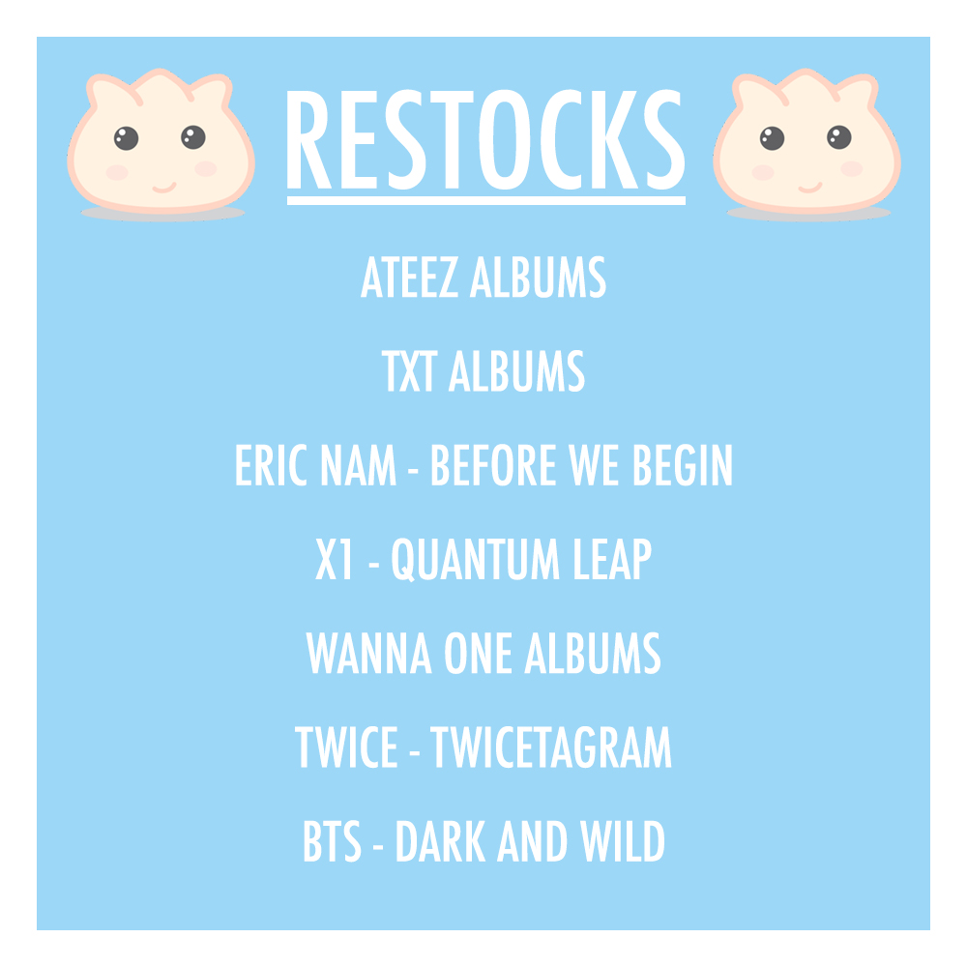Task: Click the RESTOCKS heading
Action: pyautogui.click(x=485, y=143)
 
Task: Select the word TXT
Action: pyautogui.click(x=408, y=372)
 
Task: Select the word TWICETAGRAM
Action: pyautogui.click(x=551, y=747)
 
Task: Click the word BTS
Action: pyautogui.click(x=331, y=841)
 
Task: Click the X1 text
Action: pyautogui.click(x=335, y=560)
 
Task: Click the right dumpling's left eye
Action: pyautogui.click(x=771, y=138)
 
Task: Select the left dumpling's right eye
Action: pyautogui.click(x=192, y=137)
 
